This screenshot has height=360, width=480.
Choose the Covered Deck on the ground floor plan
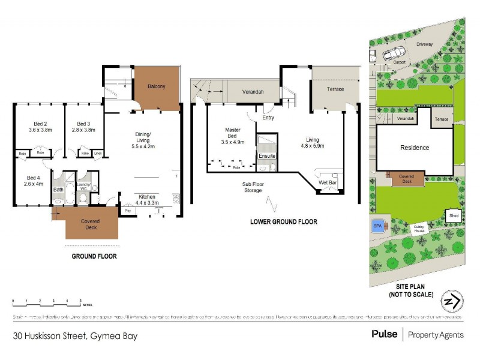click(91, 224)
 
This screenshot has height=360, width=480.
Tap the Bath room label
click(58, 190)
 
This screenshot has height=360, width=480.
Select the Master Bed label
click(233, 133)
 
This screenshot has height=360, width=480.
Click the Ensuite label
click(266, 156)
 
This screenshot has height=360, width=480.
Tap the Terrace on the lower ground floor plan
click(335, 89)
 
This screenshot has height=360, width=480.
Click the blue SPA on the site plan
click(377, 226)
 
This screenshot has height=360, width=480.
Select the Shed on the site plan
click(454, 215)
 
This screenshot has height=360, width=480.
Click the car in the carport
click(389, 55)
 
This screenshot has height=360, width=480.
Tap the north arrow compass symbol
click(452, 301)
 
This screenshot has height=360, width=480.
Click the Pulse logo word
click(385, 334)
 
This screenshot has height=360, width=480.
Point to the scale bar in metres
click(46, 299)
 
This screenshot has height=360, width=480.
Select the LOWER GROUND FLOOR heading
click(284, 222)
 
